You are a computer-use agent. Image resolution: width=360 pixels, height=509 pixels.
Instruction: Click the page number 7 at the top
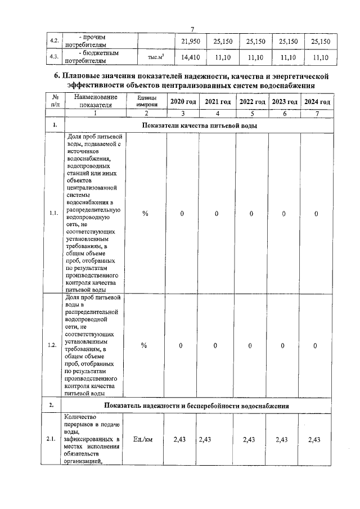pyautogui.click(x=192, y=29)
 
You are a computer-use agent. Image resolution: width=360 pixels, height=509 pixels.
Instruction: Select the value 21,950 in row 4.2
pyautogui.click(x=190, y=42)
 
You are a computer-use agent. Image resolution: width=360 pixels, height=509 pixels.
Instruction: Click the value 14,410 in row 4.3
pyautogui.click(x=190, y=57)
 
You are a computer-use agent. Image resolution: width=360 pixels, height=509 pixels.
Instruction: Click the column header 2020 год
pyautogui.click(x=182, y=101)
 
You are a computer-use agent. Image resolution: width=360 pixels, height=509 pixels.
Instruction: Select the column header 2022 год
pyautogui.click(x=252, y=101)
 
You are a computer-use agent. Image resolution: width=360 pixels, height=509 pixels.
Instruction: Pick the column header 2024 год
pyautogui.click(x=317, y=101)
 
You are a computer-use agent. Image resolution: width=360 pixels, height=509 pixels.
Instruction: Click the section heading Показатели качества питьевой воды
pyautogui.click(x=200, y=125)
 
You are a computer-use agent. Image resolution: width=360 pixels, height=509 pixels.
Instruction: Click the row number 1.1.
pyautogui.click(x=54, y=213)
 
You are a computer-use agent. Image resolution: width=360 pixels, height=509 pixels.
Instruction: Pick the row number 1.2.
pyautogui.click(x=54, y=345)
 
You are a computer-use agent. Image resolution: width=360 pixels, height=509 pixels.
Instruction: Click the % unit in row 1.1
pyautogui.click(x=145, y=214)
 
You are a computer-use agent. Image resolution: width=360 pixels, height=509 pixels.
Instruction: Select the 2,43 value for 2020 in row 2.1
pyautogui.click(x=182, y=439)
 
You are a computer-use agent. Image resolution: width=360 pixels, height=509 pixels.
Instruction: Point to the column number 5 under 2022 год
pyautogui.click(x=251, y=113)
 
